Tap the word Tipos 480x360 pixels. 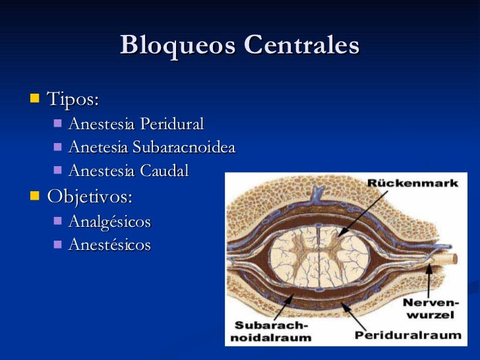click(73, 100)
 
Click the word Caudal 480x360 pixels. click(164, 171)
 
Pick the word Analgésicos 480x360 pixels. click(109, 222)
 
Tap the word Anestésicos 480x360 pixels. click(109, 245)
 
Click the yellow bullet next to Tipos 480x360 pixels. click(34, 100)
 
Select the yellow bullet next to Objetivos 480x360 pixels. click(34, 196)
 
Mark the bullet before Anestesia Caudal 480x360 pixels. click(57, 170)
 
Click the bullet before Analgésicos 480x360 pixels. click(57, 221)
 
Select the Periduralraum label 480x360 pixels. click(407, 334)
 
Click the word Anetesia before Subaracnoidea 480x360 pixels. click(98, 147)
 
